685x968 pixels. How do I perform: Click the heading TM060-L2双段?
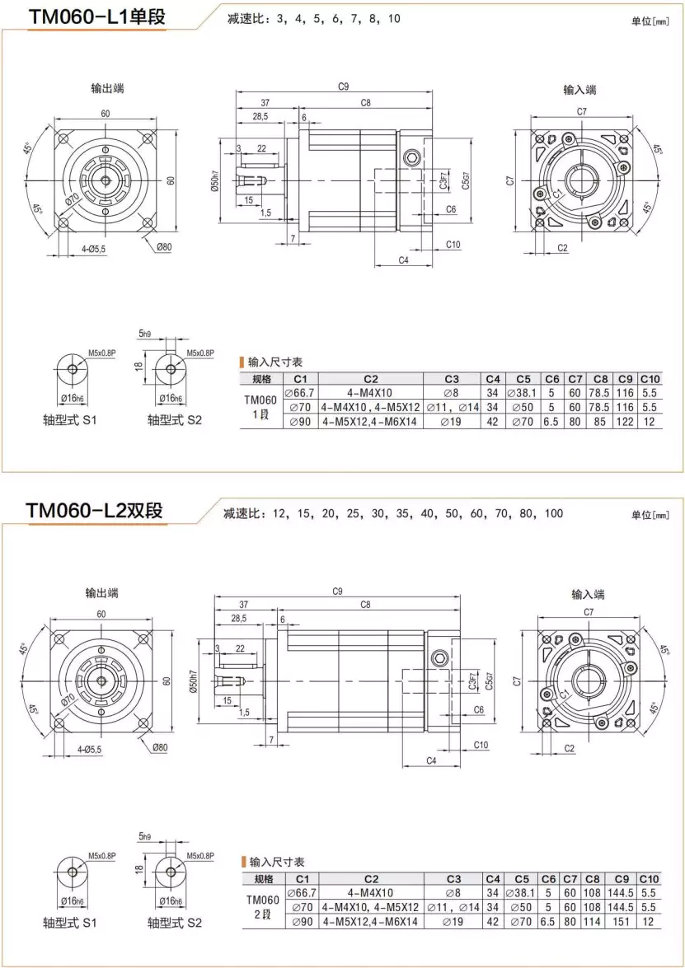pos(95,511)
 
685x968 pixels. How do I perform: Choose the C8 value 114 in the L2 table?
pos(593,922)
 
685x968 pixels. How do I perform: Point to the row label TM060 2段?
pos(262,906)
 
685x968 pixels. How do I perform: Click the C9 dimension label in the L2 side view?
pos(338,591)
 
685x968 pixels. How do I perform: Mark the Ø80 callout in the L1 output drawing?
pos(162,246)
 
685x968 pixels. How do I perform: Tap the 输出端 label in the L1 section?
pos(108,88)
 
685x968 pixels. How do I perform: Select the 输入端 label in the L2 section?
pos(588,594)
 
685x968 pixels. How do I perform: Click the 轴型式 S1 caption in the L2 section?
pos(70,923)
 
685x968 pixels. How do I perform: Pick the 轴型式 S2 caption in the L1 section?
pos(175,420)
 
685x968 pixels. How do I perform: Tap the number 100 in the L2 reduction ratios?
pos(553,514)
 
